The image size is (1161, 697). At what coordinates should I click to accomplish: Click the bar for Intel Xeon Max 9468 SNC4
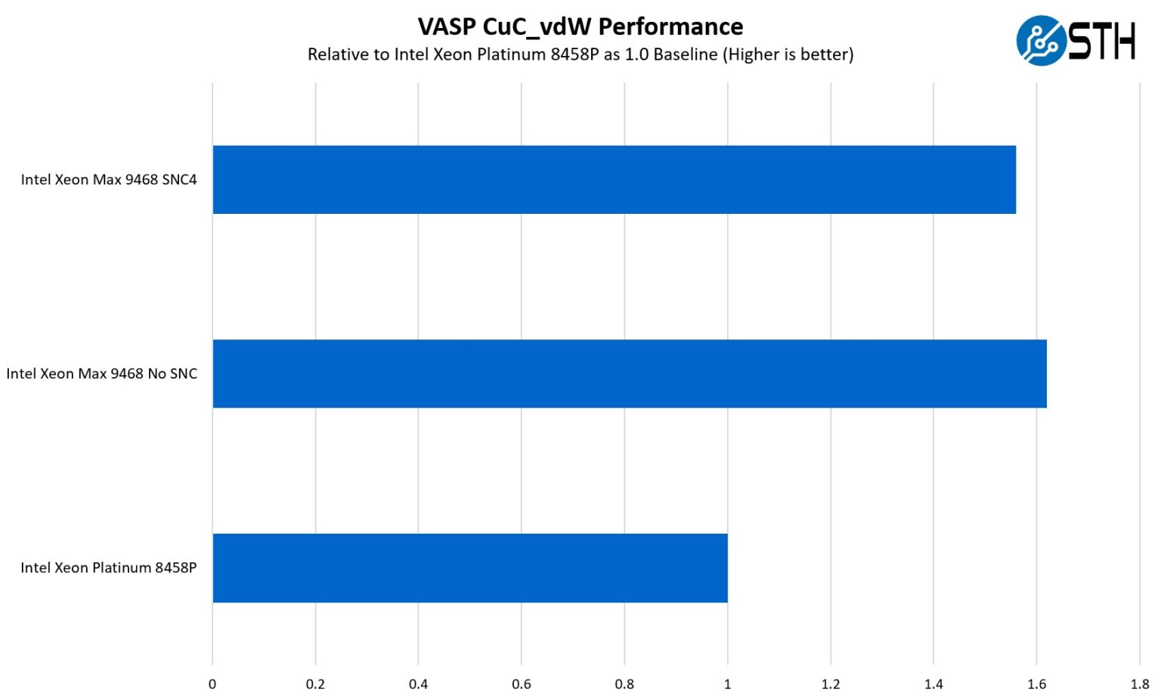point(614,180)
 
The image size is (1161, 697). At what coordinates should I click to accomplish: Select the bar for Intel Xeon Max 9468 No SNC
point(629,373)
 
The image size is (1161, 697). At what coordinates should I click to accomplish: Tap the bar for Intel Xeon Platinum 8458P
point(469,568)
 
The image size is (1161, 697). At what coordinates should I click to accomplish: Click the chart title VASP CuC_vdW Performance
point(580,26)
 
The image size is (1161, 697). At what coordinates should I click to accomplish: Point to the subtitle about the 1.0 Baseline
point(580,54)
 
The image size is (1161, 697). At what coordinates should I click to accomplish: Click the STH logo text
point(1101,41)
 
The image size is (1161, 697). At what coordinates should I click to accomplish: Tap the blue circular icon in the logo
point(1041,41)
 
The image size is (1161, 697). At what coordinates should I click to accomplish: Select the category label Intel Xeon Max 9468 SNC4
point(109,180)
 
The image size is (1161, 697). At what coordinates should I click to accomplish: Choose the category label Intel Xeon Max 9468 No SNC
point(101,373)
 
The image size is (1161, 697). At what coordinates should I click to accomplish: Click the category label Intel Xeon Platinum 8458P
point(108,568)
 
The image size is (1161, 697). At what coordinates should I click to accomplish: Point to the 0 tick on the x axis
point(212,684)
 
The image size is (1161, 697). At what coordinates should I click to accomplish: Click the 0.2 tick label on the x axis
point(315,684)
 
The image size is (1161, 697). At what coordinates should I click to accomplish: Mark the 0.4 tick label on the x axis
point(418,684)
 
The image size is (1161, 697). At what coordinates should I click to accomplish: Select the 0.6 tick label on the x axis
point(522,684)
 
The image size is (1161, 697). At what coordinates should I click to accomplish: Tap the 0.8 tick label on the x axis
point(624,684)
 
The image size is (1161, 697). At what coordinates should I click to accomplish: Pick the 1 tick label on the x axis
point(728,684)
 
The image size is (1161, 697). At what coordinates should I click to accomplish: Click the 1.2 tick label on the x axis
point(831,684)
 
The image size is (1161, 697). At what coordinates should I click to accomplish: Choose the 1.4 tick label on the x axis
point(933,684)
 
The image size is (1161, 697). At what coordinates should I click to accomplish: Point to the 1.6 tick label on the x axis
point(1037,684)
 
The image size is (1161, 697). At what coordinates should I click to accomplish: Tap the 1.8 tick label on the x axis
point(1140,684)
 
